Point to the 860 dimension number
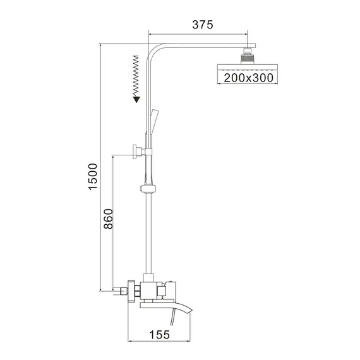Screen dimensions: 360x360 click(x=108, y=220)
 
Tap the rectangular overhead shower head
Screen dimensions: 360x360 click(x=243, y=69)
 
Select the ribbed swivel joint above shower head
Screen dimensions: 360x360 click(x=247, y=57)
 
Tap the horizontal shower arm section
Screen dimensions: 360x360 click(x=202, y=46)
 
